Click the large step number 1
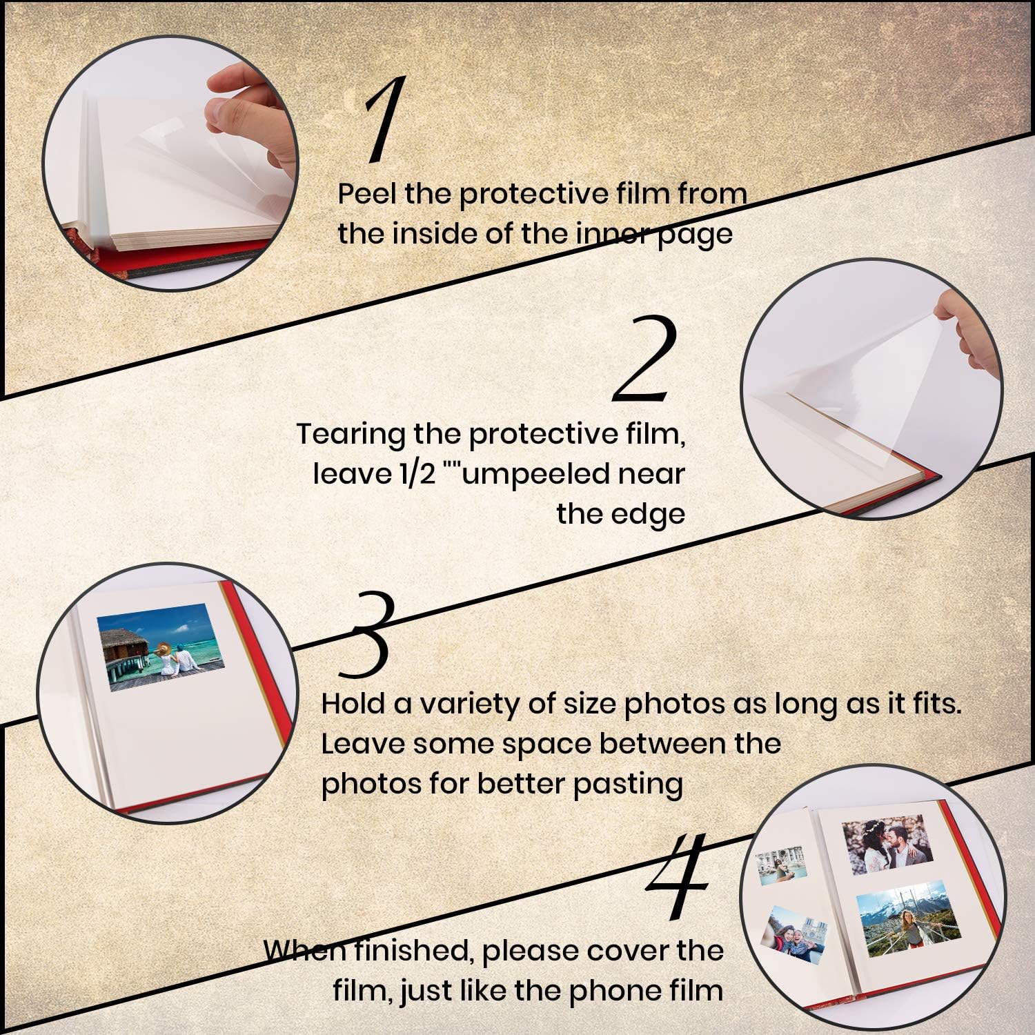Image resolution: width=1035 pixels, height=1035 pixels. (384, 121)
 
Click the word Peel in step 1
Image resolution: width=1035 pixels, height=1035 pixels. (367, 194)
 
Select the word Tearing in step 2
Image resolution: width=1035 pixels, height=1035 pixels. (350, 435)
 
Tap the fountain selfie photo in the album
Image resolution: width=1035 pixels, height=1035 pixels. (782, 862)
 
